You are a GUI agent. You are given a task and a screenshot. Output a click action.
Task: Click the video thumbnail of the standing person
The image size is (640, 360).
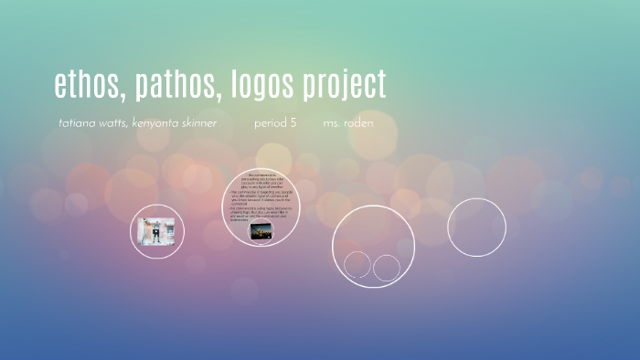click(157, 231)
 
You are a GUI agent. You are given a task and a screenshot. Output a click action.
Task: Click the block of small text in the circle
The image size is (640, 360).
click(263, 196)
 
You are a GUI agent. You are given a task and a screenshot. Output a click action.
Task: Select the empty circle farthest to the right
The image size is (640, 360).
click(476, 227)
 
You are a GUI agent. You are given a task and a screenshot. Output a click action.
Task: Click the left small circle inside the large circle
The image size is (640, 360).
click(357, 266)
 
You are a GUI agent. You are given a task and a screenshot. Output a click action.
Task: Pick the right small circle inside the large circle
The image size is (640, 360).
click(387, 268)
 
